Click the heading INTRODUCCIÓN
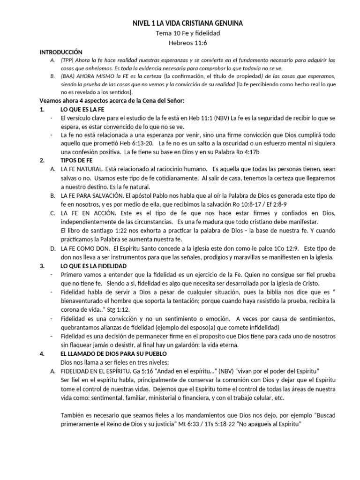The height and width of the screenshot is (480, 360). point(61,52)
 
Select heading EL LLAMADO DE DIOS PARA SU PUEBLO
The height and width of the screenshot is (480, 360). point(114,352)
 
